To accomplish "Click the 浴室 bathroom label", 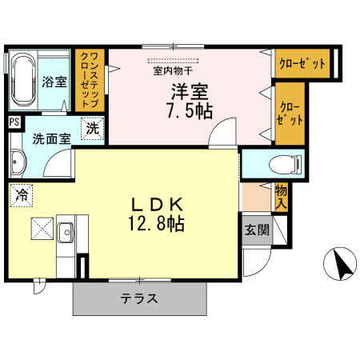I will (x=54, y=82).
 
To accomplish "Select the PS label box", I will (x=14, y=122).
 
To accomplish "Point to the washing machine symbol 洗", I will (x=93, y=128).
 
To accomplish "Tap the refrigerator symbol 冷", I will (x=22, y=194).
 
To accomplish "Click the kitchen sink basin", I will (x=65, y=233).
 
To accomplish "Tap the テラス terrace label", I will (x=139, y=299).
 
